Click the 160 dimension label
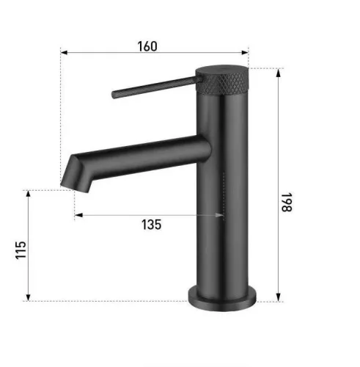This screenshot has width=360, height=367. click(x=147, y=46)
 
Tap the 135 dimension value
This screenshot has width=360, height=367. click(x=151, y=225)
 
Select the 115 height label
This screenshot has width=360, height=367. click(x=21, y=250)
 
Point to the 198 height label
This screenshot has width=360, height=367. click(x=287, y=202)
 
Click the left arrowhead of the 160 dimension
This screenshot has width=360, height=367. click(x=64, y=52)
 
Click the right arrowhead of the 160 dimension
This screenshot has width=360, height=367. click(x=245, y=52)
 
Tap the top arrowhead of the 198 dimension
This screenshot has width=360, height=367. click(x=278, y=73)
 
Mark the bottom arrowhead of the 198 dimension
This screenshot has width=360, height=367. click(x=278, y=297)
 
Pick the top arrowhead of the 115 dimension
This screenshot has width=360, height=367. click(x=28, y=194)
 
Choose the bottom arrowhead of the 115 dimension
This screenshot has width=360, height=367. click(x=28, y=297)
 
